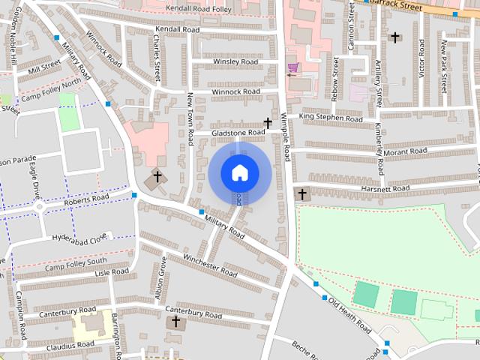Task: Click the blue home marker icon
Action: [239, 172]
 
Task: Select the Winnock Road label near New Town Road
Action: [235, 91]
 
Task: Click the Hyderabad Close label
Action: [79, 239]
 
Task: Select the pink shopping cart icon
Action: [292, 68]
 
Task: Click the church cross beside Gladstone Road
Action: [268, 122]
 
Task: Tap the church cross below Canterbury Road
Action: [176, 322]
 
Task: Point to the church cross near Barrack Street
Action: [394, 37]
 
